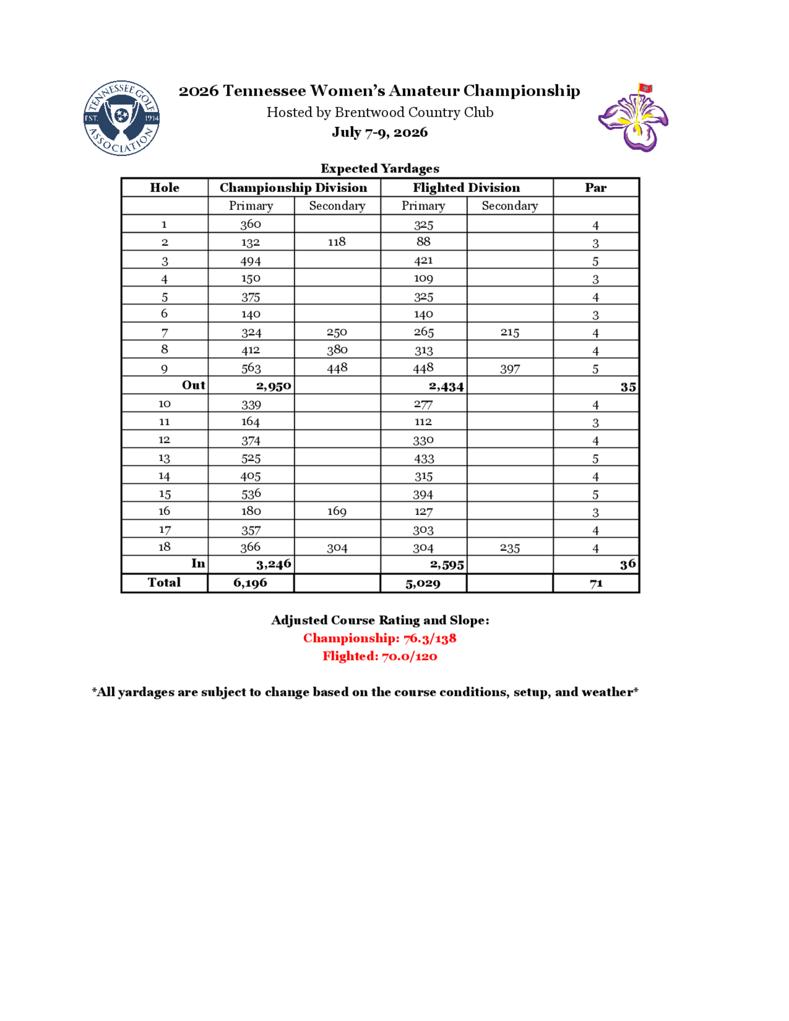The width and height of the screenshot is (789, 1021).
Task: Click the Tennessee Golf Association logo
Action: pos(122,118)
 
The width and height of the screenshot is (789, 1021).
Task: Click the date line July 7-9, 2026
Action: pos(380,132)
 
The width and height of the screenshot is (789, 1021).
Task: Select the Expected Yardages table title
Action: pos(380,168)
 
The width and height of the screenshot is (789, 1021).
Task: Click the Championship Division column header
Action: pos(294,187)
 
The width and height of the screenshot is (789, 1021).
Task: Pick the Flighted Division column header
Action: pos(466,187)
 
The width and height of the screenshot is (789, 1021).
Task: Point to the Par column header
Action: pos(595,187)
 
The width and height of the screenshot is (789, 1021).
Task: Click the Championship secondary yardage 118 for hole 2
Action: pos(337,242)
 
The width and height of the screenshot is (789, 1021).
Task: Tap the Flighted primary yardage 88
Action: pos(423,242)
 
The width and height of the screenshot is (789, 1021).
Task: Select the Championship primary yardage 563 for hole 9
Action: pos(251,368)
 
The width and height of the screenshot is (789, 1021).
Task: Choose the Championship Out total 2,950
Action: pos(273,386)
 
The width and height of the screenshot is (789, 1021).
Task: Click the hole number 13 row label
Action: pos(164,458)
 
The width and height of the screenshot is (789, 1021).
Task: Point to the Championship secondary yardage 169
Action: pos(337,511)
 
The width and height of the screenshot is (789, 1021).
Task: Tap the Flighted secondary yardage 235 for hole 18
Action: pos(509,548)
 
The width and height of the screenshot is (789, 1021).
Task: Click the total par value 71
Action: pos(596,583)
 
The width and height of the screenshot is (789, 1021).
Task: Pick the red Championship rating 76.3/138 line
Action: pos(380,638)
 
